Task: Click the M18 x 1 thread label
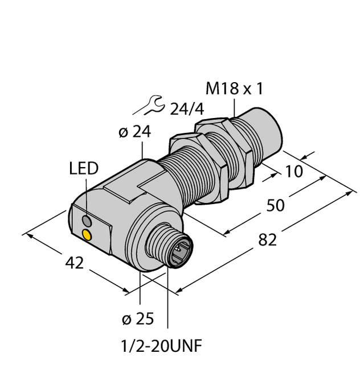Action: (234, 89)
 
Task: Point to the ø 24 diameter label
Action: (134, 132)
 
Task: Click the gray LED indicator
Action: (87, 220)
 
